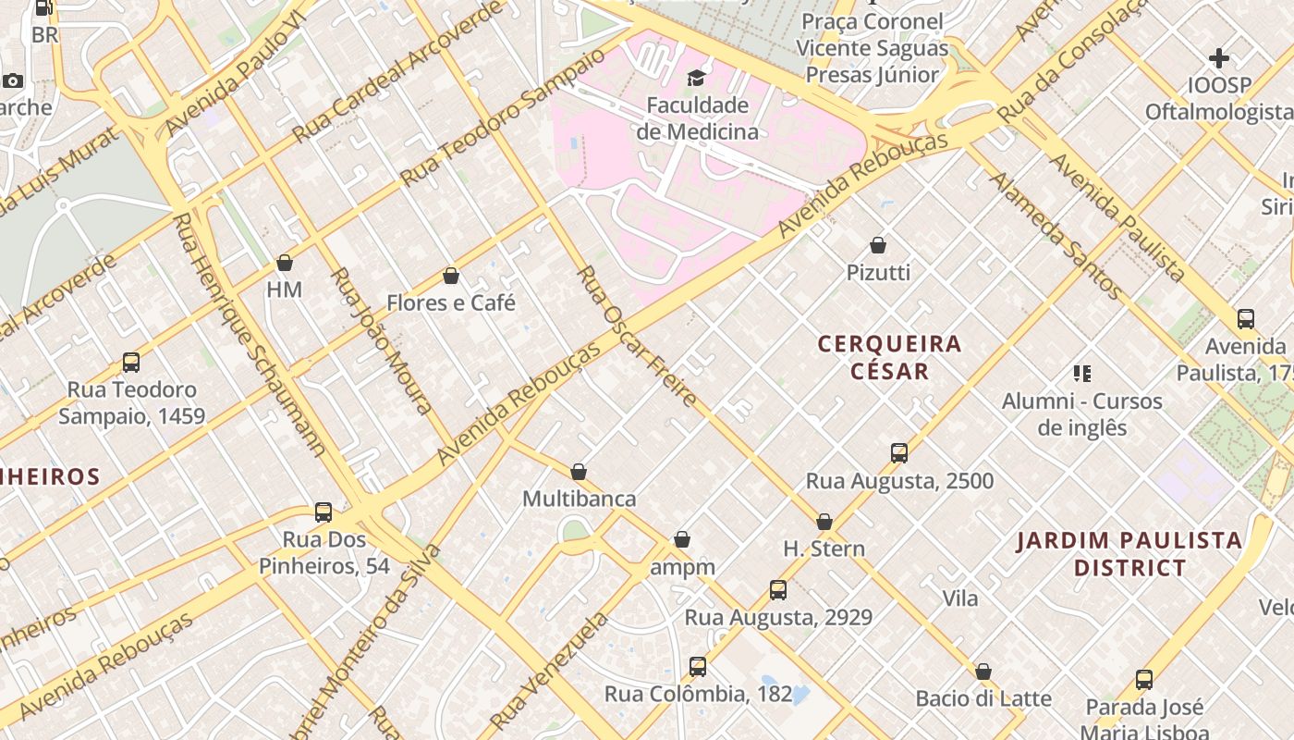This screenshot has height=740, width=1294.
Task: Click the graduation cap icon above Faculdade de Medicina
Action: click(696, 78)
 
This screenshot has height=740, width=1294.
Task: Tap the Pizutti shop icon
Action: click(878, 246)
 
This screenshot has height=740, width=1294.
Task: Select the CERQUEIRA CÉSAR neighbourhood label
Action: click(877, 357)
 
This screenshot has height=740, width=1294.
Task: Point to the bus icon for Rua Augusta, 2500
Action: click(899, 453)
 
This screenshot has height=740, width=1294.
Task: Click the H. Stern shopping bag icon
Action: click(824, 522)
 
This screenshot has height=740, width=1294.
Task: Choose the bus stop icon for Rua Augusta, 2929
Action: click(778, 590)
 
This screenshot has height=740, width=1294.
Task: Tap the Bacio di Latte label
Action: click(983, 698)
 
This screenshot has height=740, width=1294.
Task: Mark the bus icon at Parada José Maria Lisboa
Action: click(1144, 680)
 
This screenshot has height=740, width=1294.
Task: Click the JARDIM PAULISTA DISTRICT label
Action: click(1129, 554)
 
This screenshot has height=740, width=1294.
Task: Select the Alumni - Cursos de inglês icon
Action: click(1082, 374)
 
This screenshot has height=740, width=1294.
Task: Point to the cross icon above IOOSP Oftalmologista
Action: click(1219, 58)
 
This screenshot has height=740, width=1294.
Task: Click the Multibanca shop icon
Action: click(579, 473)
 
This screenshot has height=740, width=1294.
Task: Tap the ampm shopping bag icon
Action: click(682, 539)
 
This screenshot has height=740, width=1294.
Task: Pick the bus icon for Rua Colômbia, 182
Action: click(698, 667)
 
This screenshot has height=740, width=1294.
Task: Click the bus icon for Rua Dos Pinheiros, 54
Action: click(323, 512)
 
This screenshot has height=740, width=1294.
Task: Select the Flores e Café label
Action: click(451, 302)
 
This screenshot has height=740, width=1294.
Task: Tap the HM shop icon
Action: click(285, 263)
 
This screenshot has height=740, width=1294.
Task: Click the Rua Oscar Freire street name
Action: click(637, 337)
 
